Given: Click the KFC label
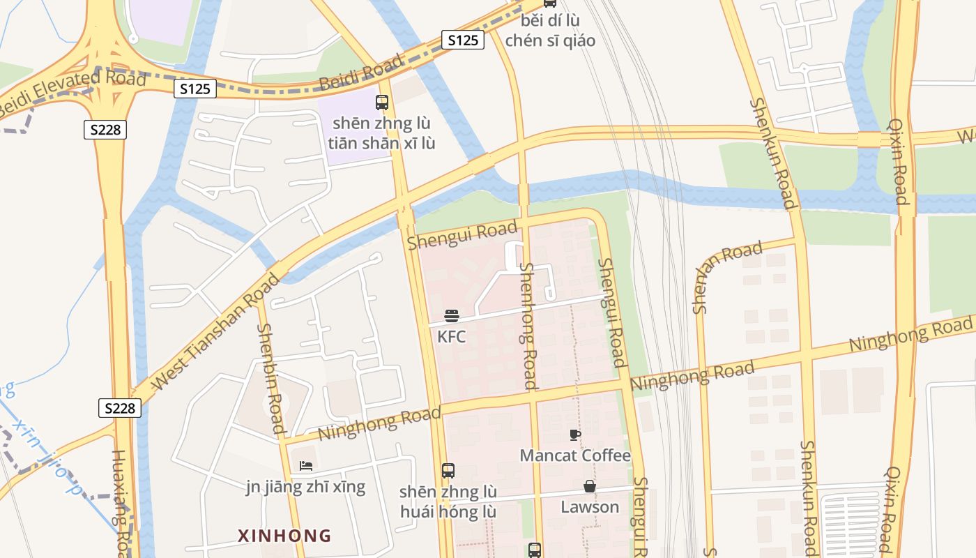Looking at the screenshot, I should tap(451, 337).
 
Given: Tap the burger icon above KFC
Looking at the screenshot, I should tap(451, 316).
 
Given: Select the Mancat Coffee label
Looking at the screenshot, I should tap(575, 455).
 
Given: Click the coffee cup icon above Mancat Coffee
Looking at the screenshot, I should tap(575, 435).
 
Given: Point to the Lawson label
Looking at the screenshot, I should tap(590, 506).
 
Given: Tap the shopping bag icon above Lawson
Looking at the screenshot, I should tap(590, 486).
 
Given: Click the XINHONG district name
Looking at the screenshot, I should tap(284, 536).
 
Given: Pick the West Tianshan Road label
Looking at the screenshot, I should tap(216, 331).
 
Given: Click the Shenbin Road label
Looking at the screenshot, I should tap(270, 378).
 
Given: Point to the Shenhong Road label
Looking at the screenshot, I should tap(529, 325).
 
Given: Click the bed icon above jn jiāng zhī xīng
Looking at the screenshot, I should tap(305, 465).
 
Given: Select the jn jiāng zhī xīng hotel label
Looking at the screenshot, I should tap(305, 486).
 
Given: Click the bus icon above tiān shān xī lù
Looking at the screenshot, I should tap(381, 103).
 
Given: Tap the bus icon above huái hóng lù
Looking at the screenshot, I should tap(448, 471).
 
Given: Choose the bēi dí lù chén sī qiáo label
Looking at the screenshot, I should tap(550, 31).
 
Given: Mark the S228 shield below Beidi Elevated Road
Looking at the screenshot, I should tap(105, 129).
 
